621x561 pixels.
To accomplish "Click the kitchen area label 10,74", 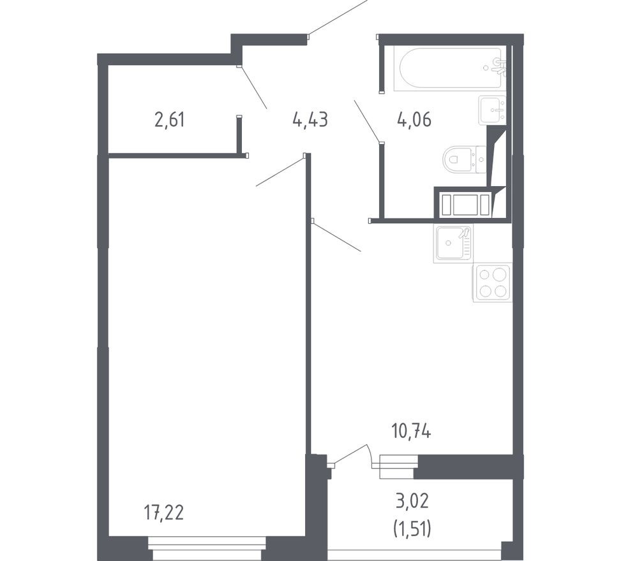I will pos(411,432).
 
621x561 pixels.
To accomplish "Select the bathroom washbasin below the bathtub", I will pos(492,110).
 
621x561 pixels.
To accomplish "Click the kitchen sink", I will pos(453,243).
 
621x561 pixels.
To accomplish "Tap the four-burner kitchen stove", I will pos(492,282).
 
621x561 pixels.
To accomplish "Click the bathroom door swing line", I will pos(367,120).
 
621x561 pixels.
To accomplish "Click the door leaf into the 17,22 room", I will pos(280,171).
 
